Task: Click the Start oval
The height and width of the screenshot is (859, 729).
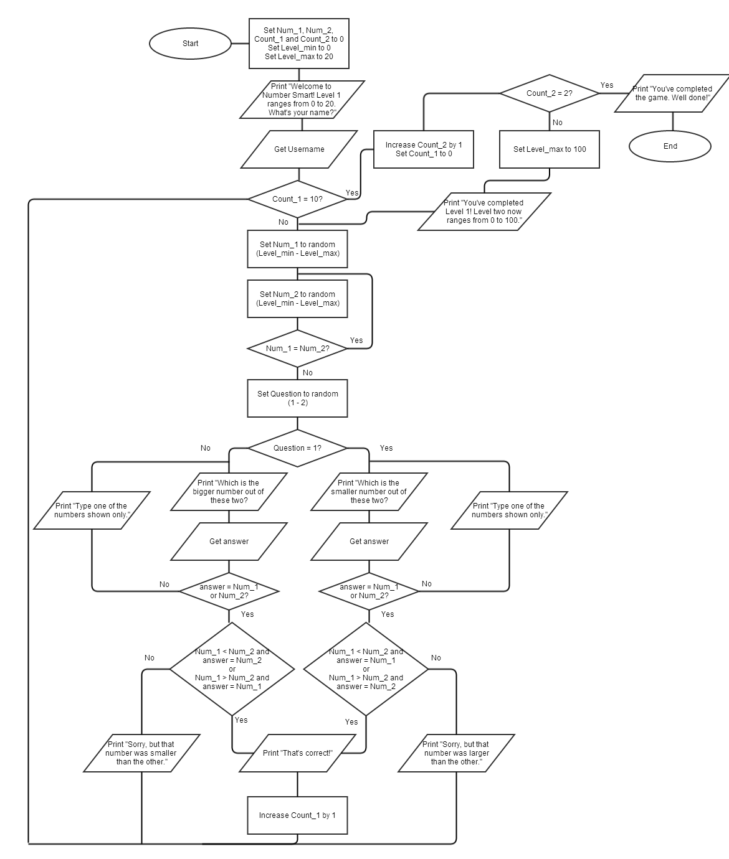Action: [x=190, y=44]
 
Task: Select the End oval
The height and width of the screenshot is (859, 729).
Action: [x=670, y=146]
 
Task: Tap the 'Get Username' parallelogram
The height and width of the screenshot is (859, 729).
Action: [x=299, y=149]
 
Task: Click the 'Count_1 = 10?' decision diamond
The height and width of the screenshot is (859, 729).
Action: [x=297, y=199]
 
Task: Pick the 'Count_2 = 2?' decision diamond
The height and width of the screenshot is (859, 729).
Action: [x=549, y=93]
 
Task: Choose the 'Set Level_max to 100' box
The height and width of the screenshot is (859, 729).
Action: [x=550, y=149]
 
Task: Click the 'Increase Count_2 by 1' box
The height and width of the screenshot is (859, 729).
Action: [x=424, y=149]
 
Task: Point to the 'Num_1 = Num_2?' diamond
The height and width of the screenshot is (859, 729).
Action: [x=297, y=349]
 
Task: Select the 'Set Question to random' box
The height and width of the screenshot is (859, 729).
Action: [x=297, y=398]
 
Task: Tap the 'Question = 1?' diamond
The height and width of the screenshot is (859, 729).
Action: [x=297, y=448]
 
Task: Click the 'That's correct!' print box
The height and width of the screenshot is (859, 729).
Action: [x=297, y=753]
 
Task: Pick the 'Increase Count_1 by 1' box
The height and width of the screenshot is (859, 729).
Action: [x=297, y=815]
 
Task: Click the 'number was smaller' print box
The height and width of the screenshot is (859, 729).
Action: [x=141, y=753]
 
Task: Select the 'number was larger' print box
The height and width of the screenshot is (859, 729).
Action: [x=456, y=753]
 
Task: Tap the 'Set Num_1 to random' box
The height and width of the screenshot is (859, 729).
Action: [x=297, y=249]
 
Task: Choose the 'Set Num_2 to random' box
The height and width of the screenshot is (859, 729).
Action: [x=297, y=299]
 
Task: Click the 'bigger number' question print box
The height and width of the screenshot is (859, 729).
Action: [x=229, y=492]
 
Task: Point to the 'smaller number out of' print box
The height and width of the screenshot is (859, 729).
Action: [x=369, y=492]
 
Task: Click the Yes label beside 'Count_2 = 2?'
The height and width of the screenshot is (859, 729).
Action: [x=606, y=85]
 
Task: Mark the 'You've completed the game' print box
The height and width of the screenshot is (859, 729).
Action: [x=672, y=93]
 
